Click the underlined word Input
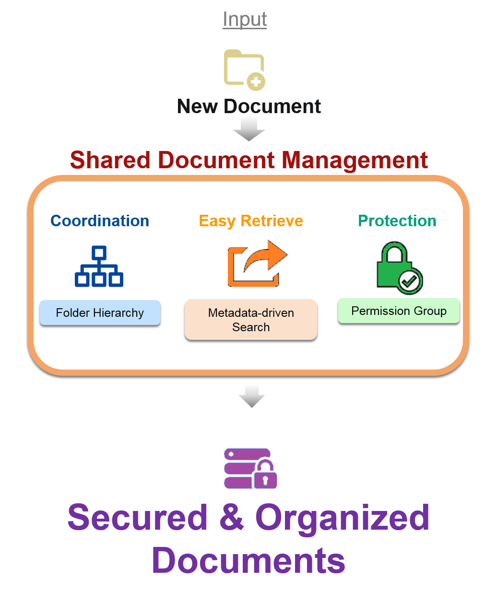tap(245, 19)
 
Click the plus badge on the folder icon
tap(256, 82)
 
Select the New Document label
tap(249, 106)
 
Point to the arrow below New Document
tap(249, 128)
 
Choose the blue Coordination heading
tap(100, 221)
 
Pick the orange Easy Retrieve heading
tap(251, 221)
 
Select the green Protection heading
tap(397, 221)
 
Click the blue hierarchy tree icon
tap(99, 267)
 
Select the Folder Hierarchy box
tap(100, 313)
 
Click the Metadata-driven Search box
tap(251, 320)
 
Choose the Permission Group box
tap(399, 311)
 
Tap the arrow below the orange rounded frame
tap(251, 396)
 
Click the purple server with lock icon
tap(252, 466)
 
